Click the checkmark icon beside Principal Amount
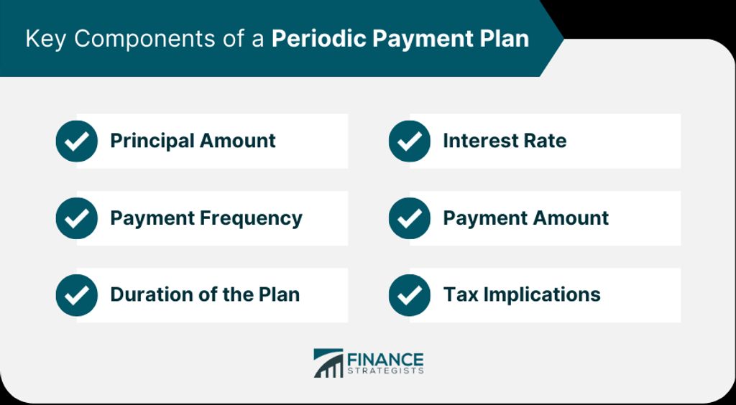point(76,141)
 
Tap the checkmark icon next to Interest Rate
point(409,141)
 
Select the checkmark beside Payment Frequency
point(76,218)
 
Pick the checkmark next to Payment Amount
point(409,218)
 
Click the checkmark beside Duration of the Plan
point(76,295)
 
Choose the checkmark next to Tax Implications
point(409,295)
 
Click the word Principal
point(152,141)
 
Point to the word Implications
point(542,295)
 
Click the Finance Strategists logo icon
point(328,363)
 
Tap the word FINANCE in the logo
point(385,360)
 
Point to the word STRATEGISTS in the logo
point(385,371)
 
